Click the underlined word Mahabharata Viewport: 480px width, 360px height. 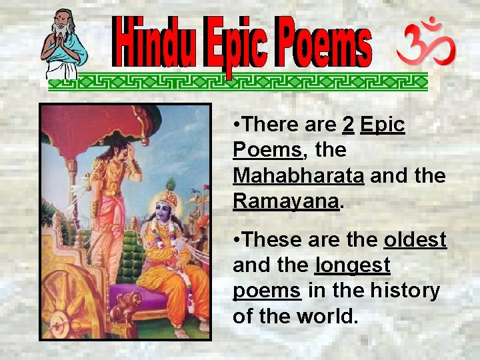click(x=298, y=176)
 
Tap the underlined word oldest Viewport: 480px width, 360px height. click(x=415, y=240)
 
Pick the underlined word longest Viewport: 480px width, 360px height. click(x=352, y=265)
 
